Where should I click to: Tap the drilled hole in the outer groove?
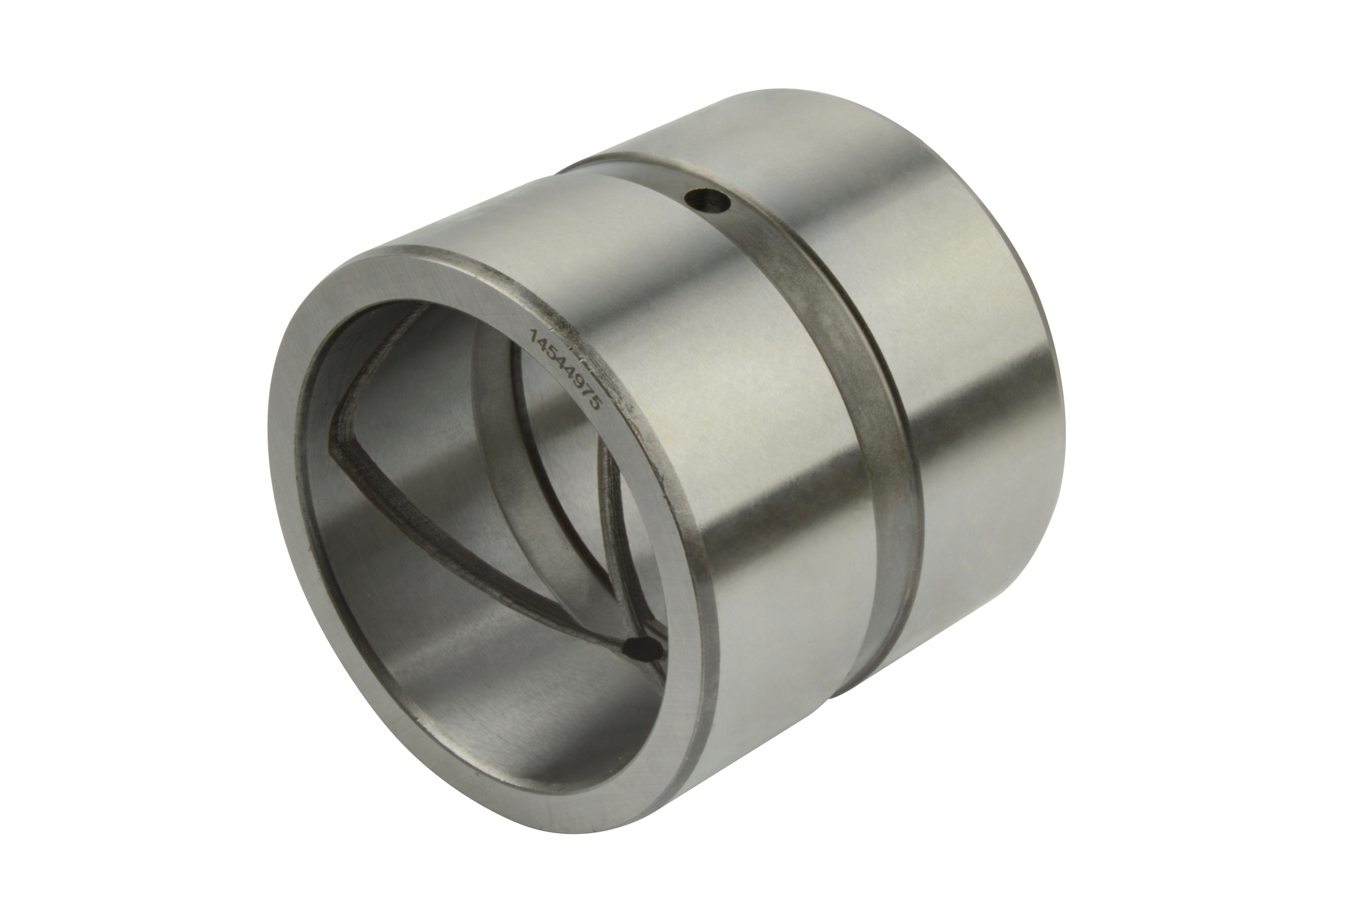click(x=707, y=201)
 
